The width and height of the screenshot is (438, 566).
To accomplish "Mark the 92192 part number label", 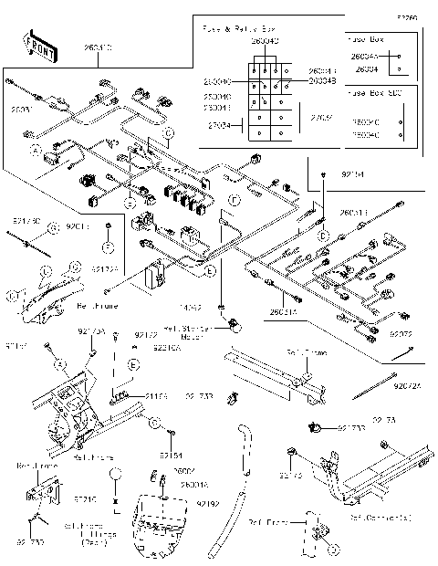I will pos(207,503).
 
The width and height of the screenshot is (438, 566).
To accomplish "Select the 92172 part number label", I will pos(145,336).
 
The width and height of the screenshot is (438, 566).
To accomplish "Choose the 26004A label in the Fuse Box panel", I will pos(364,57).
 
